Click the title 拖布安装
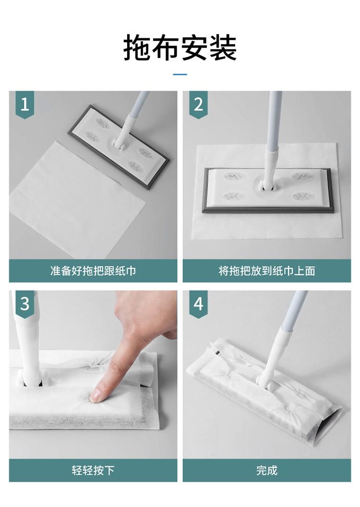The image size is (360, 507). pyautogui.click(x=180, y=48)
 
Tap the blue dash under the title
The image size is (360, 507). pyautogui.click(x=180, y=74)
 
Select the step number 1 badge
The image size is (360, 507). pyautogui.click(x=25, y=104)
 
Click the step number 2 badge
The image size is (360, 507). pyautogui.click(x=198, y=104)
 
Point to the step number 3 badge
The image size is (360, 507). pyautogui.click(x=25, y=304)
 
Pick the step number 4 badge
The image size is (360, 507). pyautogui.click(x=198, y=304)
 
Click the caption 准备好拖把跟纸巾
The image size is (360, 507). pyautogui.click(x=93, y=271)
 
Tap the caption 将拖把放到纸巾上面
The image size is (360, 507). pyautogui.click(x=267, y=271)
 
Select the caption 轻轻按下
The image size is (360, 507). pyautogui.click(x=93, y=470)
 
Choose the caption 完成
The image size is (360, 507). pyautogui.click(x=267, y=470)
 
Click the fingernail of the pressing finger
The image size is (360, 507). pyautogui.click(x=95, y=396)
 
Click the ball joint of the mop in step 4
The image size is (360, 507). pyautogui.click(x=268, y=385)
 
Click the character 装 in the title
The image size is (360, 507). pyautogui.click(x=223, y=48)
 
